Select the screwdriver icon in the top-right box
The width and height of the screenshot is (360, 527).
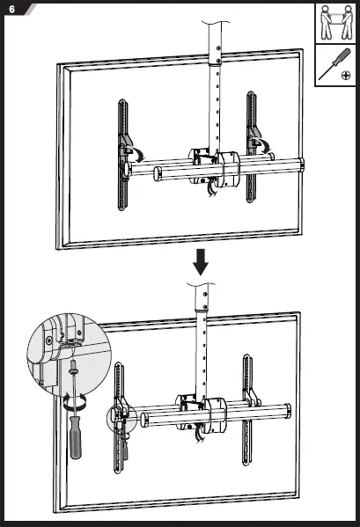coord(332,62)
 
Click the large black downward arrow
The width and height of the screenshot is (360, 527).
coord(202,261)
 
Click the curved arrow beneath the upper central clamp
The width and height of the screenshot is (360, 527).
coord(209,187)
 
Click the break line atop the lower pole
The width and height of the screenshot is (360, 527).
coord(202,287)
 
